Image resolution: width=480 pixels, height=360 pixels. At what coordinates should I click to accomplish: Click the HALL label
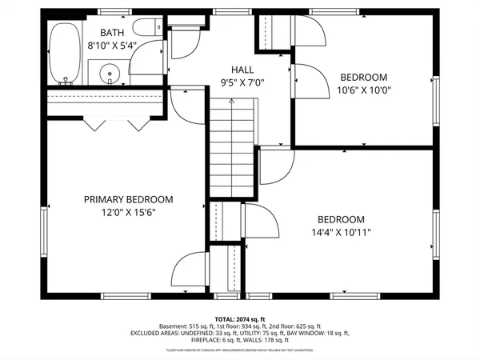242,70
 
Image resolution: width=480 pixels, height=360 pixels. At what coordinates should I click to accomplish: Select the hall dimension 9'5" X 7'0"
242,82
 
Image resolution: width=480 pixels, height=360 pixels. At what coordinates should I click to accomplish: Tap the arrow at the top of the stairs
231,103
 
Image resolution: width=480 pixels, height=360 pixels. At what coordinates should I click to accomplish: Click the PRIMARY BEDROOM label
129,199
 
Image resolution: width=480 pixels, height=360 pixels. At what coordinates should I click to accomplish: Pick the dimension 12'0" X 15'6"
129,212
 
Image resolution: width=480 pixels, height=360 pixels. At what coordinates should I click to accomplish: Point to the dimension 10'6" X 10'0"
363,90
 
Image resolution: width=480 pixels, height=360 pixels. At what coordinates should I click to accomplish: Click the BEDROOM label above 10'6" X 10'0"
363,78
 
